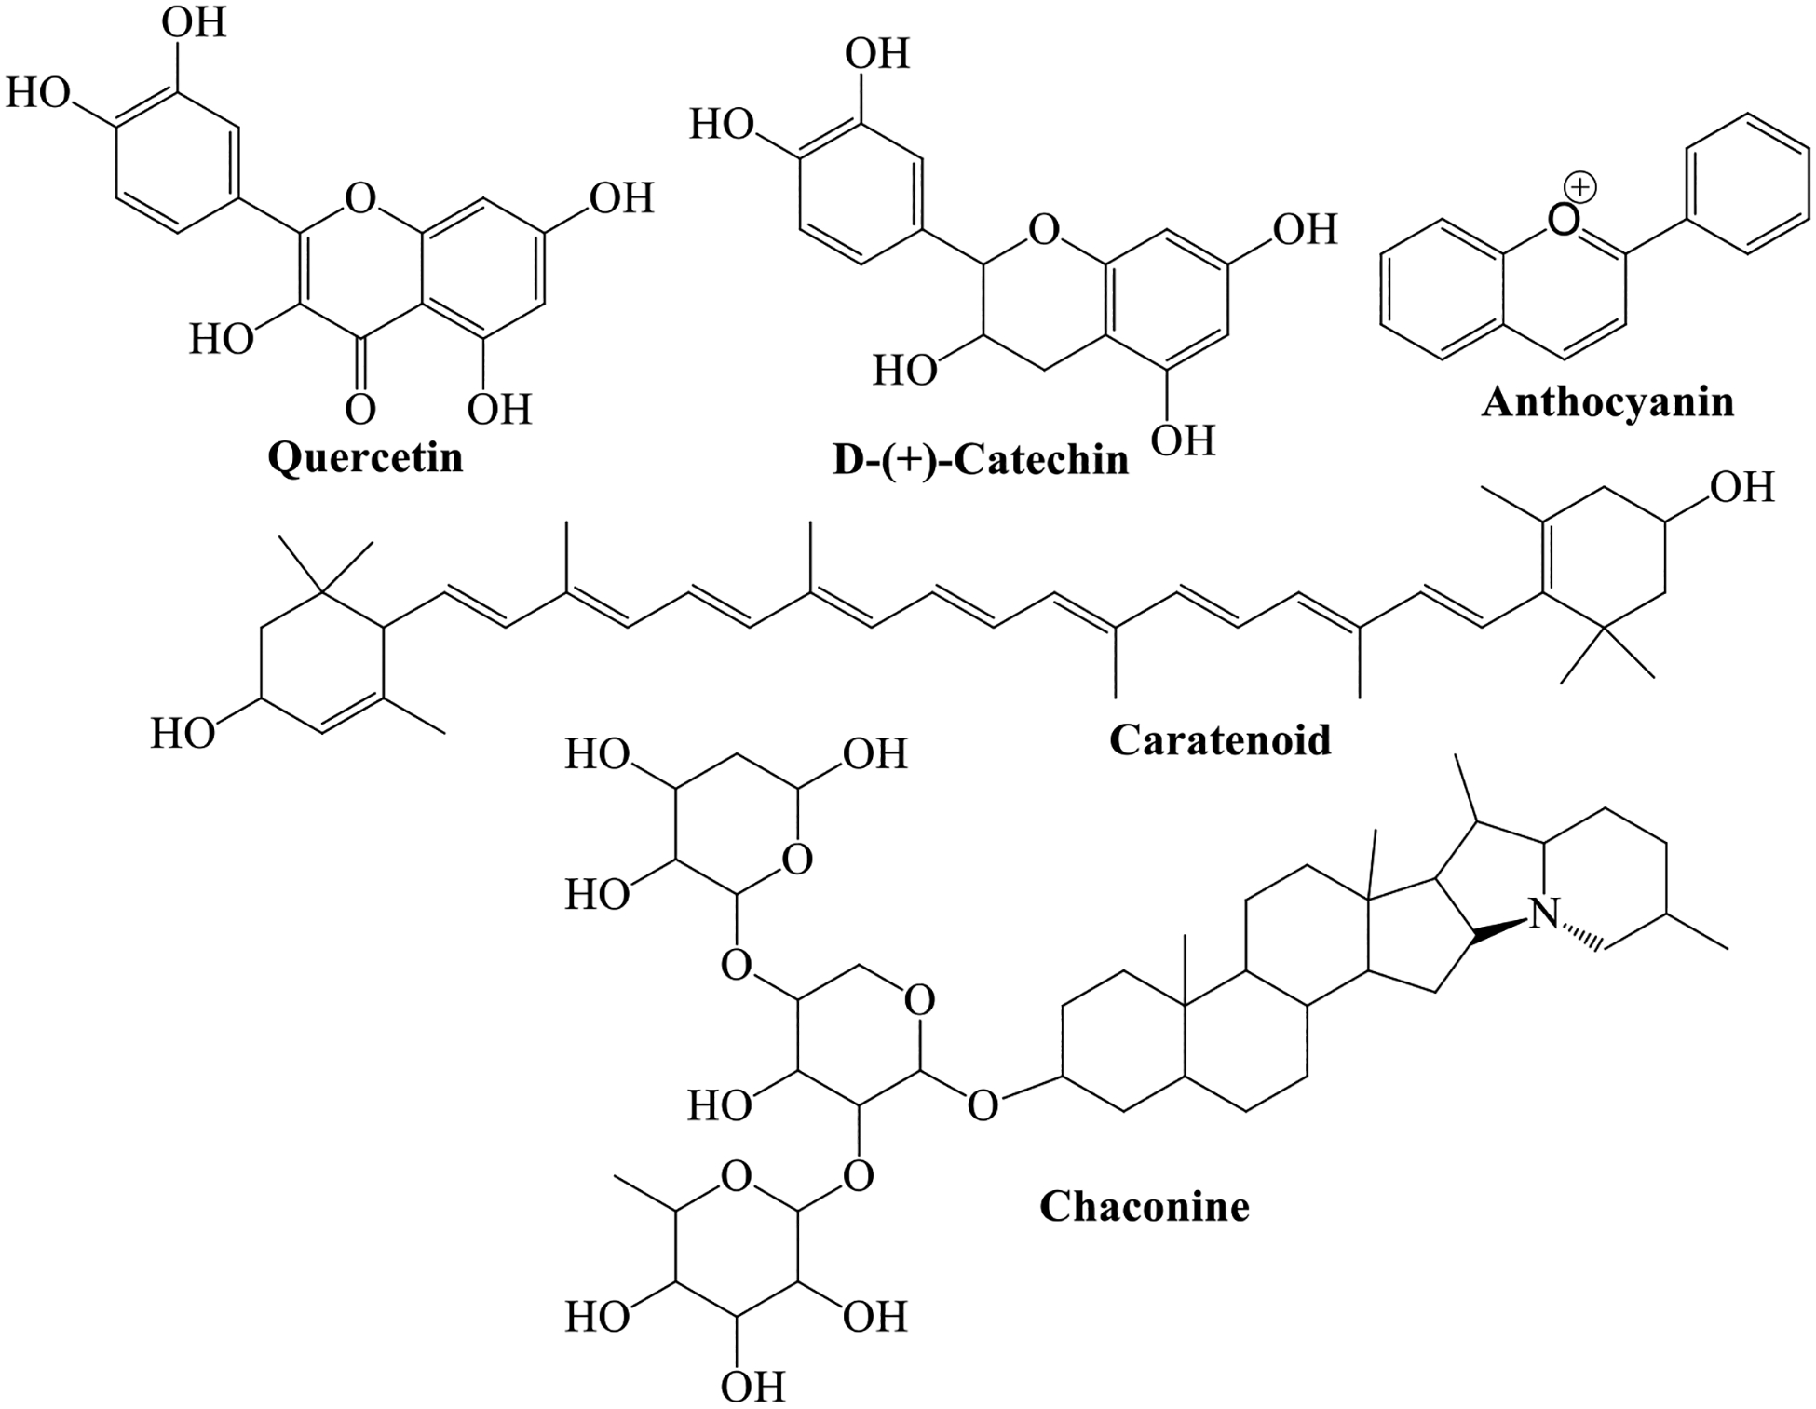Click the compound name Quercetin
click(x=365, y=457)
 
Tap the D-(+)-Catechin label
click(x=980, y=460)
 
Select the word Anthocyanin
click(x=1608, y=402)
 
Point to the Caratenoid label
click(x=1220, y=739)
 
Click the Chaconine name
click(x=1145, y=1206)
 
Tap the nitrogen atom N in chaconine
click(x=1545, y=914)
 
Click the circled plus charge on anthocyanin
click(x=1580, y=188)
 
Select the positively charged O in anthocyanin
click(x=1562, y=220)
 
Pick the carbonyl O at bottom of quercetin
click(x=360, y=409)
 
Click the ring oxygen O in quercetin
click(x=359, y=198)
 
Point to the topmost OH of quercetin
click(x=194, y=23)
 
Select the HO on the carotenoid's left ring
click(x=183, y=734)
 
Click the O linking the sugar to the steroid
click(x=983, y=1105)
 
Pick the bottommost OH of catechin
click(x=1184, y=440)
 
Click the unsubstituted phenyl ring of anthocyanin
click(x=1747, y=183)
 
